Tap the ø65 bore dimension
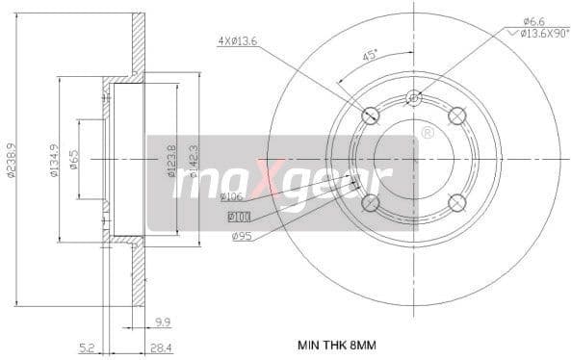(74, 158)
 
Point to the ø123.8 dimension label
(171, 159)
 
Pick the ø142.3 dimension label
(193, 159)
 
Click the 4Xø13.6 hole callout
(238, 40)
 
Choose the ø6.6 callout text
(533, 20)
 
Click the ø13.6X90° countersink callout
(537, 34)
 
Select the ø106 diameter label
(231, 197)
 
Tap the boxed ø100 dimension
(239, 216)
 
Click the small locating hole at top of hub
(413, 96)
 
